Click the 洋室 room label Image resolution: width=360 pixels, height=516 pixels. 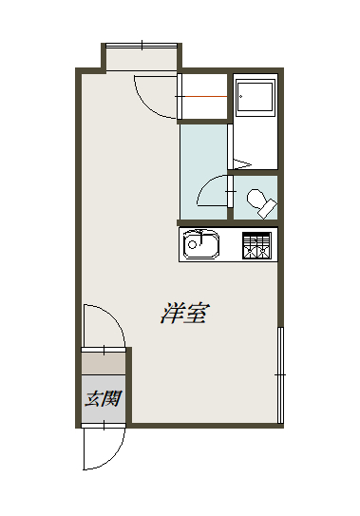pyautogui.click(x=186, y=313)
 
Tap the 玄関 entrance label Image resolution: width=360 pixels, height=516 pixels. pyautogui.click(x=104, y=398)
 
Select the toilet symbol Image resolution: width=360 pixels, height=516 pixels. pyautogui.click(x=257, y=201)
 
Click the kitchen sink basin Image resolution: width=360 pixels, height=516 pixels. pyautogui.click(x=201, y=246)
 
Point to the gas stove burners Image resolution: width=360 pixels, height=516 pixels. pyautogui.click(x=256, y=246)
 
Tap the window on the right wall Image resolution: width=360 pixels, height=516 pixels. pyautogui.click(x=280, y=376)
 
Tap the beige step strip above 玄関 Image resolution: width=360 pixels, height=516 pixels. pyautogui.click(x=104, y=362)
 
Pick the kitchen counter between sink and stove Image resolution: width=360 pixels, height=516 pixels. pyautogui.click(x=231, y=246)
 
